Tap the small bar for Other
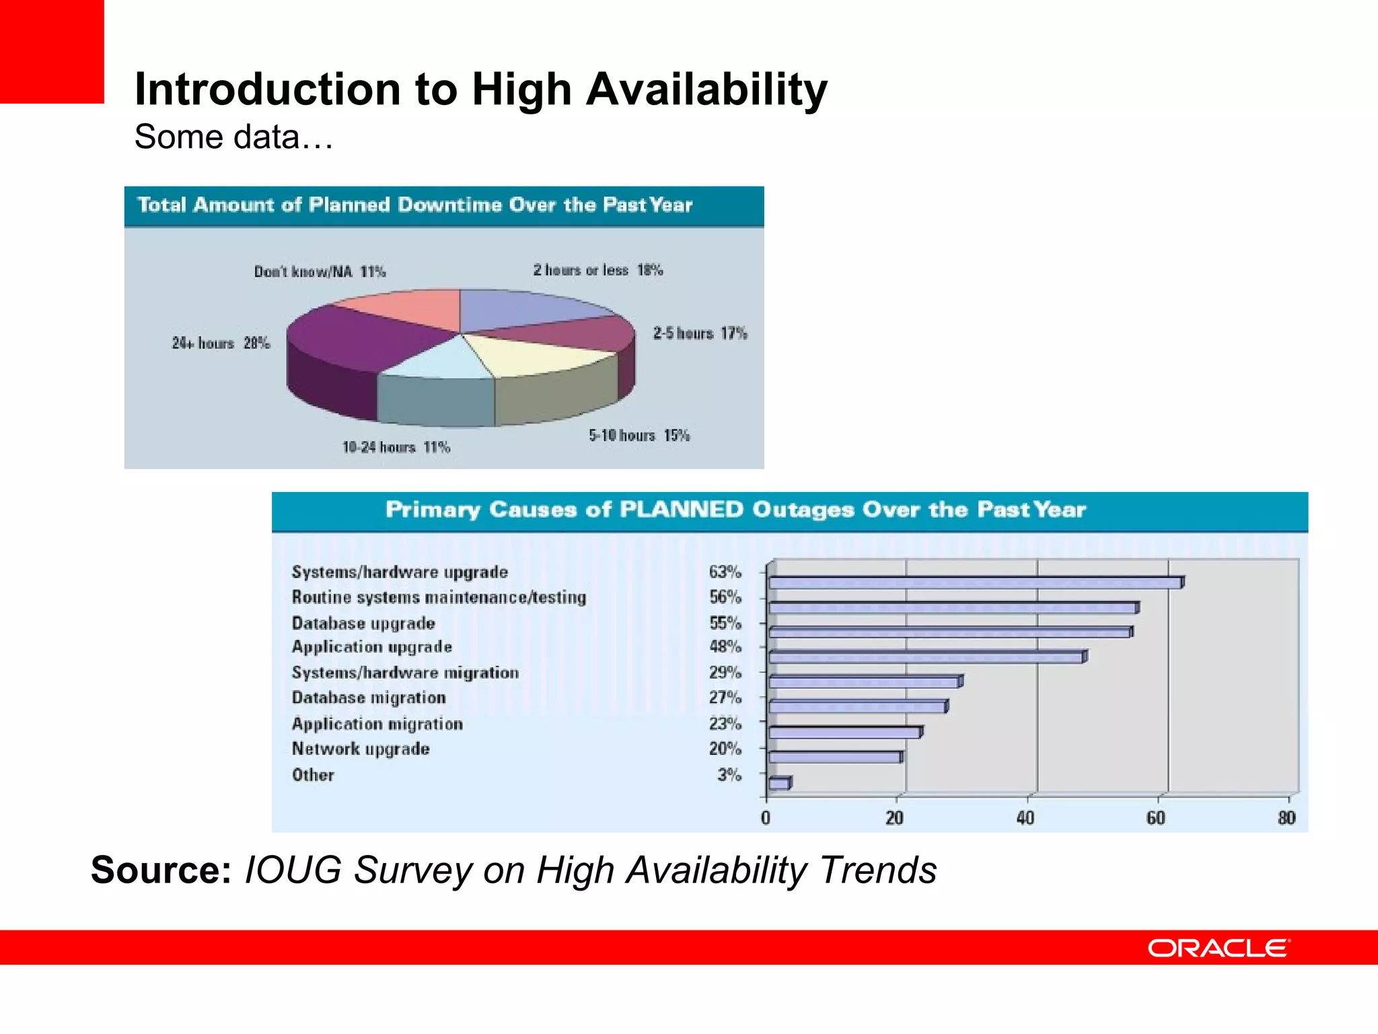coord(778,784)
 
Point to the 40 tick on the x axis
coord(1025,818)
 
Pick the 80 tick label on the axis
coord(1286,818)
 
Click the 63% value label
coord(725,572)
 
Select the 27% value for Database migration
coord(725,697)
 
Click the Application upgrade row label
coord(371,647)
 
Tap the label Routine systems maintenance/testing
coord(439,597)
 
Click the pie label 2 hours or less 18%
coord(597,271)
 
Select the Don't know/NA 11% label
coord(320,272)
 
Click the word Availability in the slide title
coord(706,90)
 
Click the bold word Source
coord(161,870)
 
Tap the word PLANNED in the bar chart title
coord(680,510)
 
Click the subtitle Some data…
coord(233,137)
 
